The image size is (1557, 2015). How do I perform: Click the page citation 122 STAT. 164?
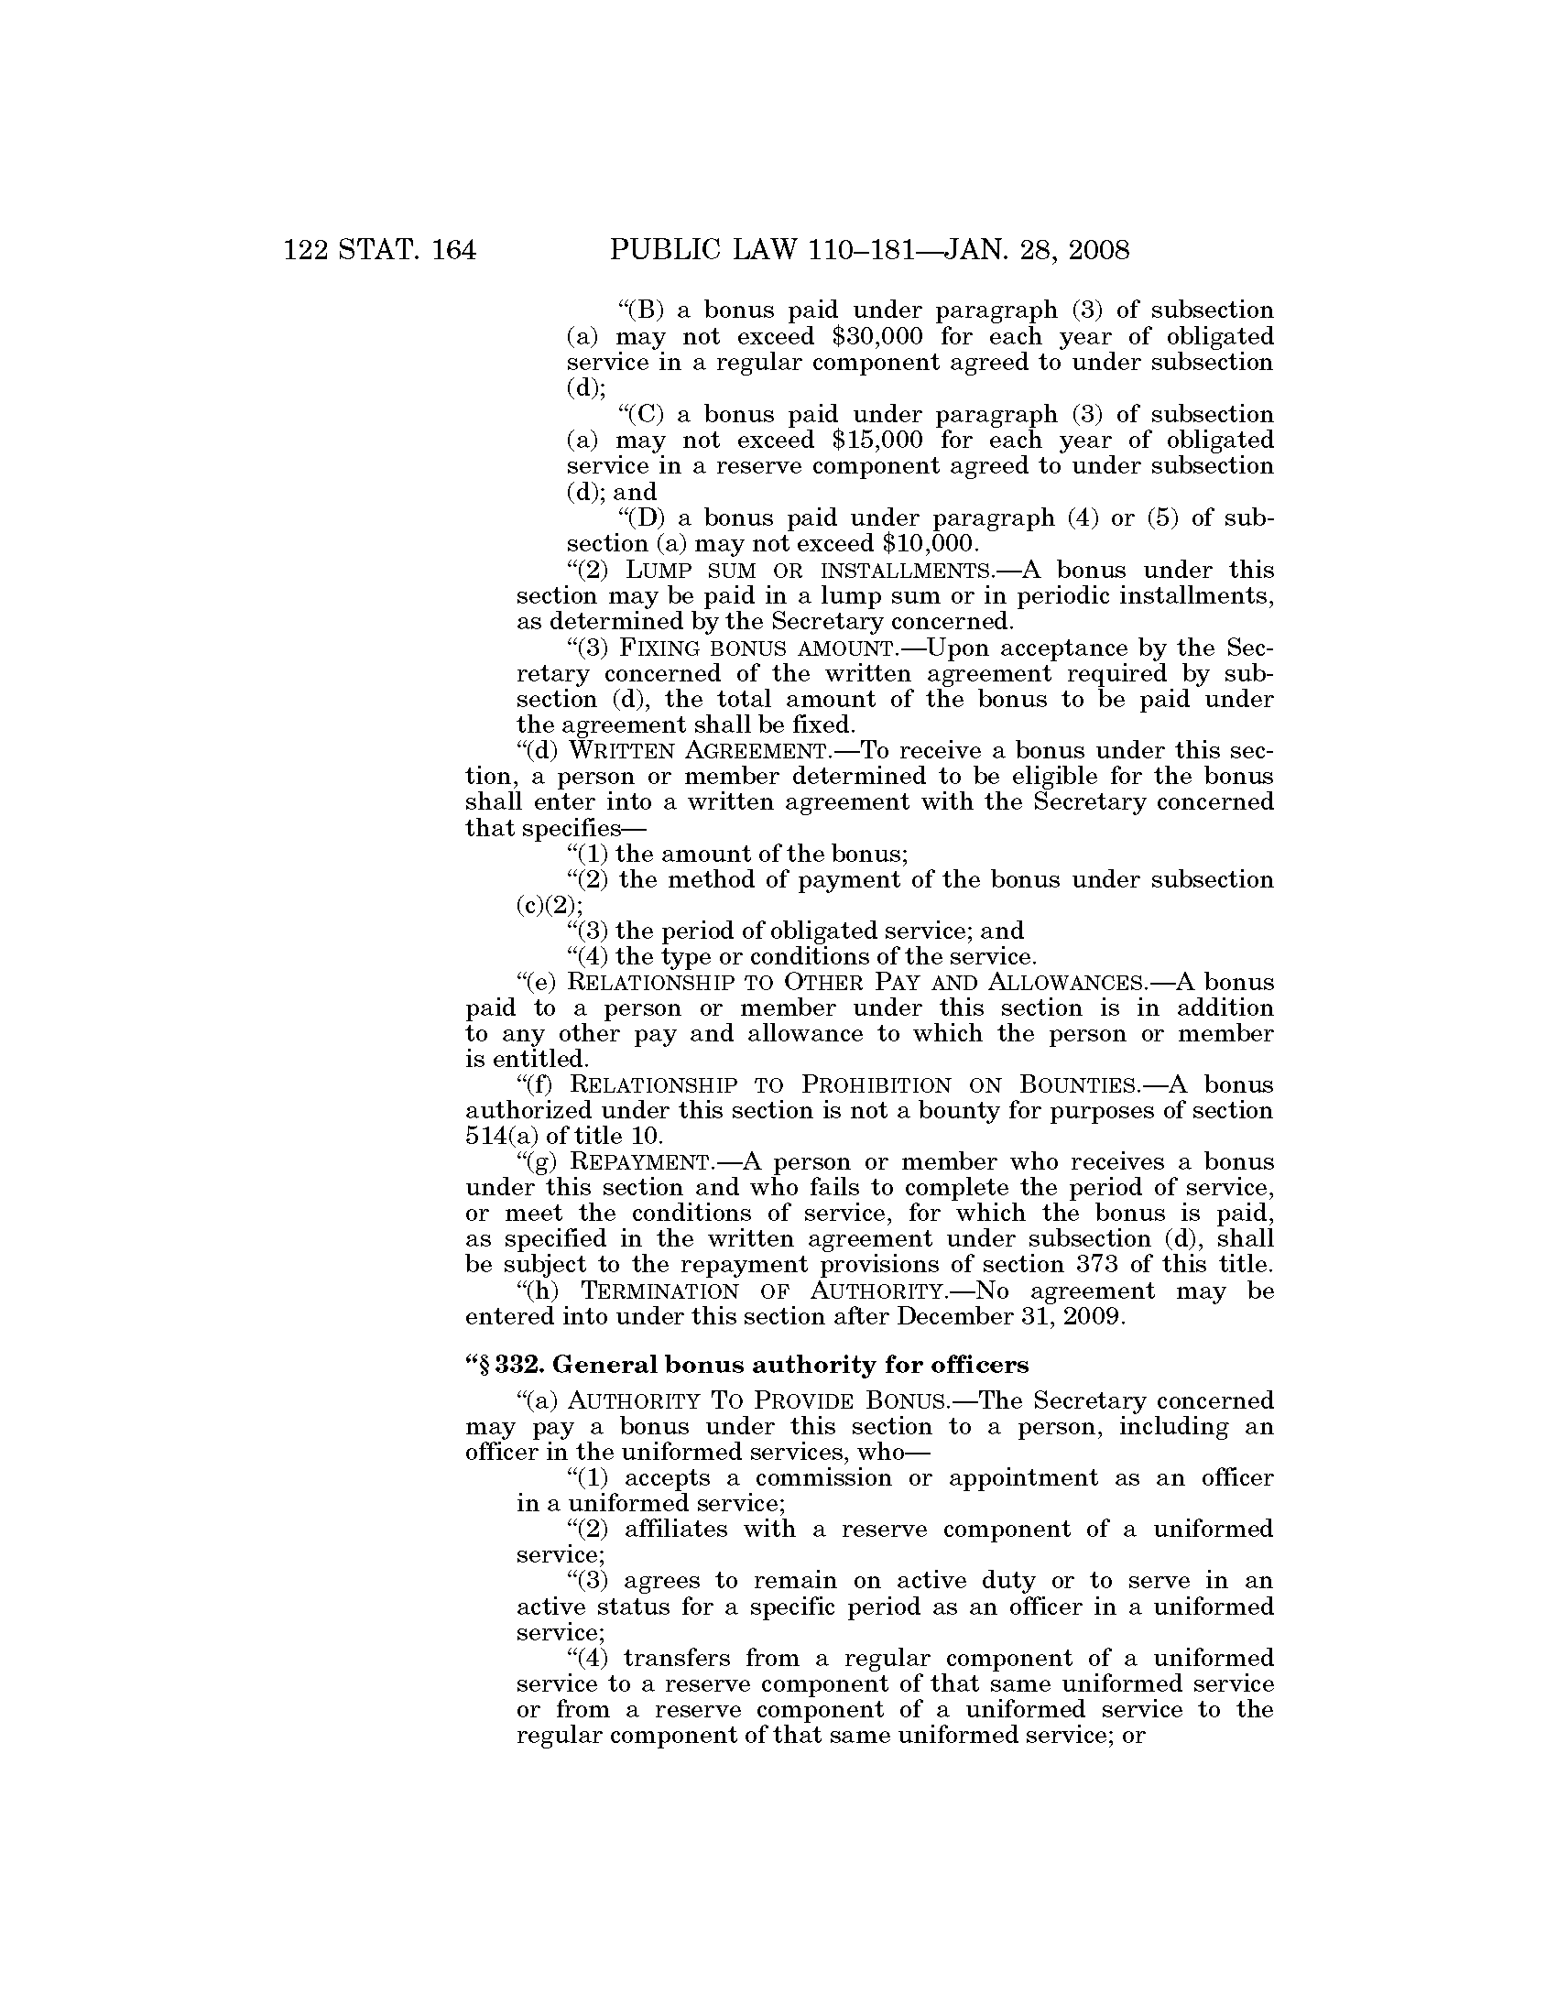380,251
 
